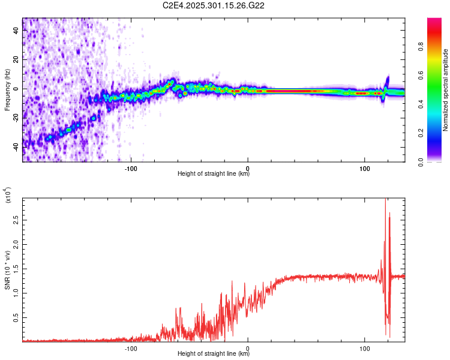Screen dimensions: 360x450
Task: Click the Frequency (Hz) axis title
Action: click(x=7, y=90)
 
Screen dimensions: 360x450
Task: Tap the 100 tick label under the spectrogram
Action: click(x=364, y=169)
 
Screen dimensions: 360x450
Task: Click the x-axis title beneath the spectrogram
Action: click(x=214, y=175)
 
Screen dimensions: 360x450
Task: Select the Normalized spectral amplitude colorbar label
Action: click(x=446, y=90)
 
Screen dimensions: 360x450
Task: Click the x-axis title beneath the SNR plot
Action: click(x=214, y=355)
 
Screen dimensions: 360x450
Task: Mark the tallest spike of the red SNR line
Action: click(x=385, y=200)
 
